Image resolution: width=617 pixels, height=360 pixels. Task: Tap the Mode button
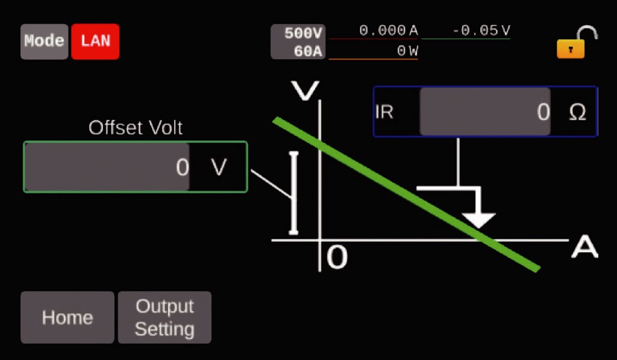click(44, 42)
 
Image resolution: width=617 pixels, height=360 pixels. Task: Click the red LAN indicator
click(95, 42)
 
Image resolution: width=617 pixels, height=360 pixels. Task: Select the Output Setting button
click(164, 317)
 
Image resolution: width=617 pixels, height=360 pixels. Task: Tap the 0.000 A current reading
click(389, 30)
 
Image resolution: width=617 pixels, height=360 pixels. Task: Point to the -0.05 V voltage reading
click(481, 30)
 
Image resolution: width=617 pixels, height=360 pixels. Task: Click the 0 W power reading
click(407, 51)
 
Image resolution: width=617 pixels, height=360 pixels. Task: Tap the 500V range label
click(303, 33)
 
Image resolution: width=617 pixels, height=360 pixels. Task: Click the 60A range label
click(308, 51)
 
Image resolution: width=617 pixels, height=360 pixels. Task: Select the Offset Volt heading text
click(136, 128)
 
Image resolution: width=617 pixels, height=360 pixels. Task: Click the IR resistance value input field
click(485, 112)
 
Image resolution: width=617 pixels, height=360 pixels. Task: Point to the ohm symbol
click(577, 112)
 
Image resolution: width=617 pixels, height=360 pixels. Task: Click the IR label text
click(384, 112)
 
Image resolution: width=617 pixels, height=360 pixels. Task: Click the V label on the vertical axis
click(304, 90)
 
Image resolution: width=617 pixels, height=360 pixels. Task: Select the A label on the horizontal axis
click(584, 247)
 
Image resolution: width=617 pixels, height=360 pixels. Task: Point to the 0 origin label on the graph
click(337, 257)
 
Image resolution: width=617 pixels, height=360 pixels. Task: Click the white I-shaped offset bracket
click(293, 193)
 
